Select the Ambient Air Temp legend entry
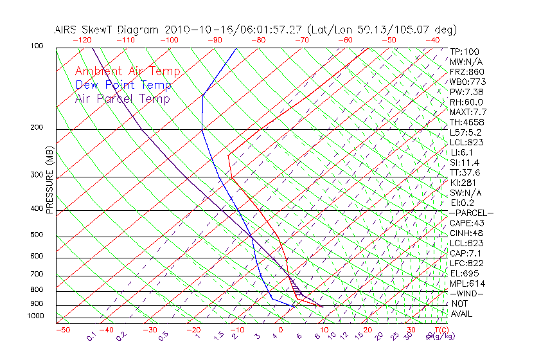127,72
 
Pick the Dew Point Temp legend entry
123,85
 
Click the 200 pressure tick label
37,128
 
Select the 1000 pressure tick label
36,316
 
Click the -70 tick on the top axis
301,40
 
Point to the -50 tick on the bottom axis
62,330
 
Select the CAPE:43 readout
466,223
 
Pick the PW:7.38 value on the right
466,92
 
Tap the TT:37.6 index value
465,172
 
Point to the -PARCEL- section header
471,213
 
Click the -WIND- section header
466,293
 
